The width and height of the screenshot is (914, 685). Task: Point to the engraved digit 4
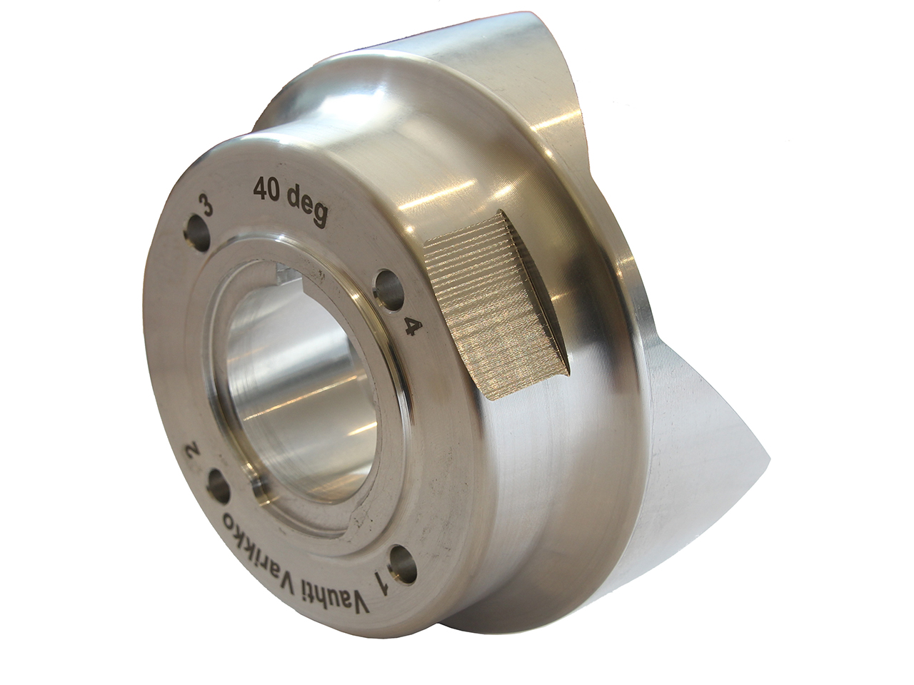pyautogui.click(x=410, y=327)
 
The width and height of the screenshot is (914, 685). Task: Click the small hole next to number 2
pyautogui.click(x=216, y=488)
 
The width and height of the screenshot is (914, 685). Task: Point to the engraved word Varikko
pyautogui.click(x=268, y=542)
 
